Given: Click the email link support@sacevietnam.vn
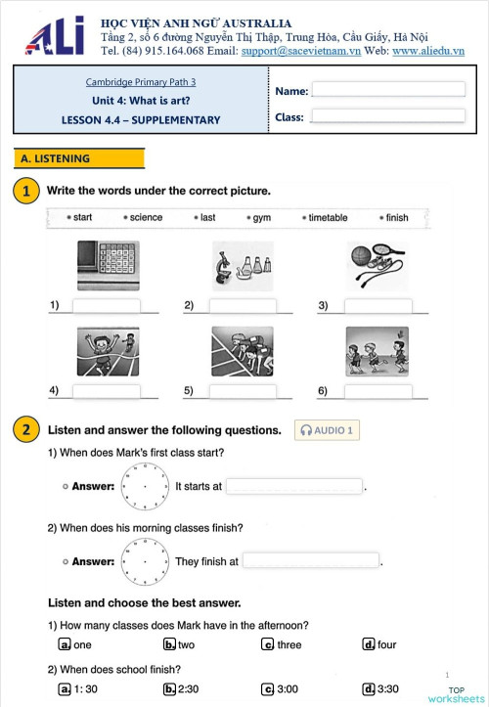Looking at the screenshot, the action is tap(301, 50).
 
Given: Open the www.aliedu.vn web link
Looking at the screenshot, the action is tap(427, 50).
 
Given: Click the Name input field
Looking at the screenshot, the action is tap(387, 90).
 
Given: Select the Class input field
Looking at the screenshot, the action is tap(387, 116).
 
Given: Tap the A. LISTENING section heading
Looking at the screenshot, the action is tap(79, 158).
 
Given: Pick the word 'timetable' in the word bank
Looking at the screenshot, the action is tap(328, 218).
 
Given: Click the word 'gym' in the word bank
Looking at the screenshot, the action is tap(261, 218).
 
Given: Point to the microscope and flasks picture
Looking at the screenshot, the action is tap(242, 265).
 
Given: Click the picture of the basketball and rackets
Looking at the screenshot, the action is tap(376, 265).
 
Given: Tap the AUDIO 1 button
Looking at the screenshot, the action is tap(328, 430).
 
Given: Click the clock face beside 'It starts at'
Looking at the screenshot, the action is tap(145, 485).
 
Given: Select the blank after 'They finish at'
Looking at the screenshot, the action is tap(310, 561).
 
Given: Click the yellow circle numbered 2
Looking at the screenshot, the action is tap(26, 430).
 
